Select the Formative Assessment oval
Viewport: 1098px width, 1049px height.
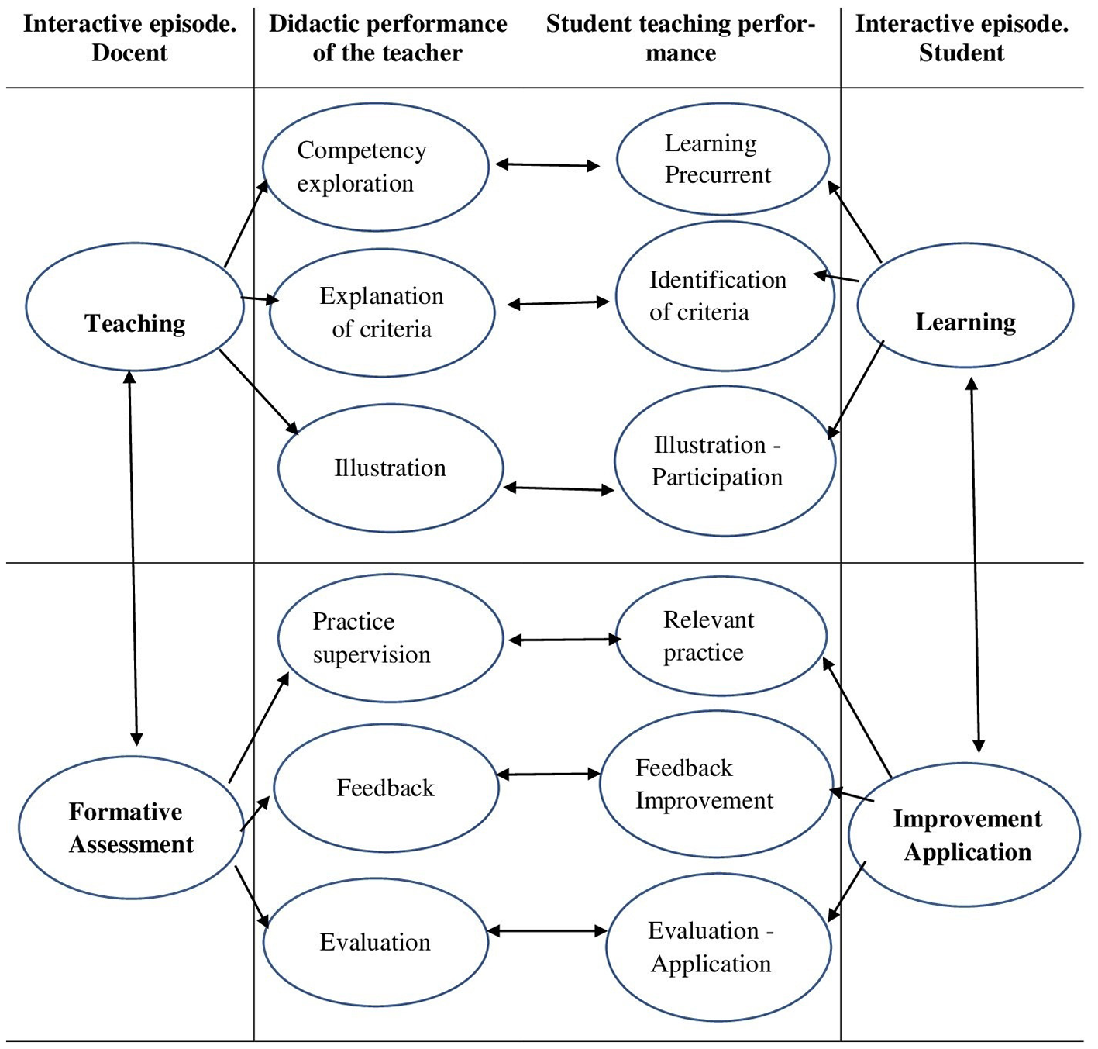point(131,827)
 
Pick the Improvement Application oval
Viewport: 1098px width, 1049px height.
point(965,835)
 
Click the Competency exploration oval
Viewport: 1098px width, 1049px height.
point(376,167)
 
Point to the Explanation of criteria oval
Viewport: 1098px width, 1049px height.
point(382,312)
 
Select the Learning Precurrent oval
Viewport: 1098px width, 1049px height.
point(723,159)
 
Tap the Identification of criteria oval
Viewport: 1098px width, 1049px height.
point(725,296)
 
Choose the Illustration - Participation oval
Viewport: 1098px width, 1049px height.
point(725,461)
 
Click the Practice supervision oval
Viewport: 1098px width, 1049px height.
point(391,638)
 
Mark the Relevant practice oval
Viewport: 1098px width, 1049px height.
point(721,636)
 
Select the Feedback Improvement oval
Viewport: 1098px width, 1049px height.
point(716,784)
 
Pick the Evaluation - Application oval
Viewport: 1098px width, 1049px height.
point(718,947)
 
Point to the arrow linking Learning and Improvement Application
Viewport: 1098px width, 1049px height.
point(976,564)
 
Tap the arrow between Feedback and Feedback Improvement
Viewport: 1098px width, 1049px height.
point(549,774)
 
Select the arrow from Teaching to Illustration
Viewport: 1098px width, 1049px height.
point(259,392)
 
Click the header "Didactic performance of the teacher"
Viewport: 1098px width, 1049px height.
point(387,38)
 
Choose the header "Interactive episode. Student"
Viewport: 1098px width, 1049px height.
point(962,38)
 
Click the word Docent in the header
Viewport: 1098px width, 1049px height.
point(129,53)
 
